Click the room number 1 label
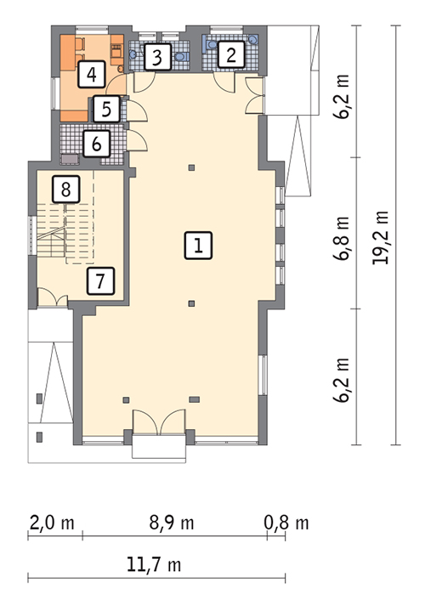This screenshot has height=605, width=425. pos(198,246)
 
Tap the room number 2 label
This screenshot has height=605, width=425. pos(231,54)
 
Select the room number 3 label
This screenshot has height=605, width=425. pos(157,57)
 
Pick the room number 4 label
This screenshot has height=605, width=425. pos(92,74)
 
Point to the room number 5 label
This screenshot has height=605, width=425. pos(106,110)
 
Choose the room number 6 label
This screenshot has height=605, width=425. pos(97,144)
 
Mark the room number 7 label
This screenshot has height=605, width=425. pos(100,281)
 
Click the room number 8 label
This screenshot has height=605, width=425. pos(66,189)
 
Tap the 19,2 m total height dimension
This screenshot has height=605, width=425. pos(380,237)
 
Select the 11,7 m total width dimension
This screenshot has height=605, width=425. pos(154,565)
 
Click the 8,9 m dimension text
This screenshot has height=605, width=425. pos(172,523)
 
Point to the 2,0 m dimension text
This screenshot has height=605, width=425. pos(52,523)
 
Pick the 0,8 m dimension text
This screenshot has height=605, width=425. pos(286,523)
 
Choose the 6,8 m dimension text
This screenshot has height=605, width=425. pos(341,238)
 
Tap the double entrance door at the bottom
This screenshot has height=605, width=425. pos(159,422)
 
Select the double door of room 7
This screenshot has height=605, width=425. pos(53,298)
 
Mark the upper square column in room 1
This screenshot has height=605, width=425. pos(191,167)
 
